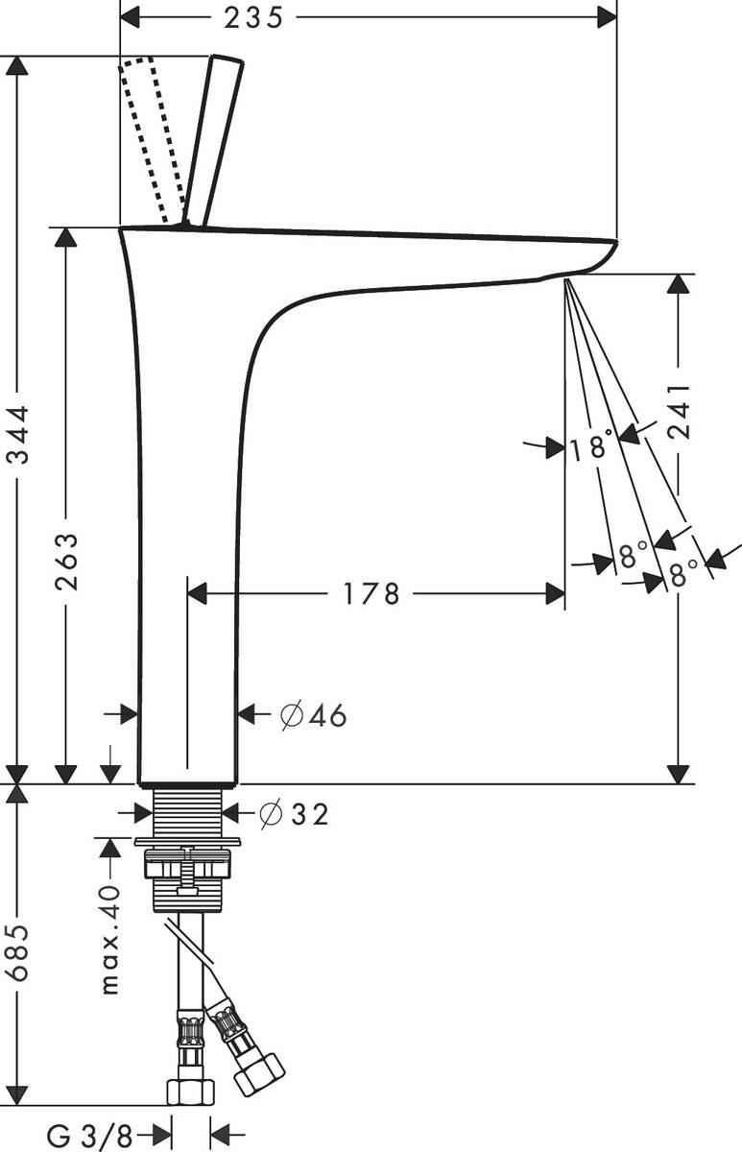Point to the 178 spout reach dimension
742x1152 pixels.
click(x=371, y=594)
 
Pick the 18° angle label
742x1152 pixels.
click(x=590, y=446)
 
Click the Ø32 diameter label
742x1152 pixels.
click(x=295, y=814)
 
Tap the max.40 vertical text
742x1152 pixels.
click(x=110, y=939)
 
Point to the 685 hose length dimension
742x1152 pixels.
click(x=20, y=954)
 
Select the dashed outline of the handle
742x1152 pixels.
click(x=152, y=139)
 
